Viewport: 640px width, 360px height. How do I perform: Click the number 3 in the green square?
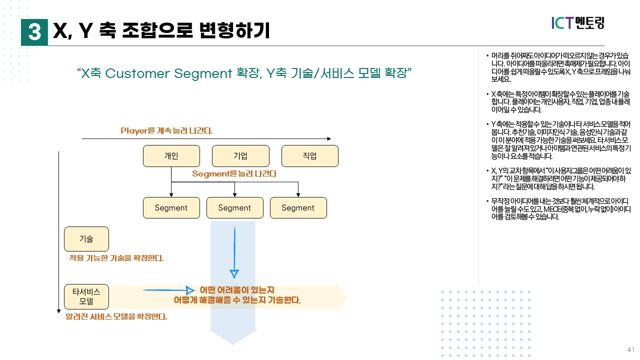(x=34, y=32)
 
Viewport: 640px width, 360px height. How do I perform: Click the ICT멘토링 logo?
(x=577, y=23)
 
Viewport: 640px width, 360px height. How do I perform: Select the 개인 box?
(x=171, y=156)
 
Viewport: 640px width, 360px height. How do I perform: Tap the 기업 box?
(x=240, y=156)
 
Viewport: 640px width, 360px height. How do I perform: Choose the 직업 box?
(x=309, y=156)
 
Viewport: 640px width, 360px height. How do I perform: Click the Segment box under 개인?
(x=171, y=208)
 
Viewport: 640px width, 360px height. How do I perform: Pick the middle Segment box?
(x=234, y=208)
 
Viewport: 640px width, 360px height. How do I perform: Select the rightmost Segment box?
(x=298, y=208)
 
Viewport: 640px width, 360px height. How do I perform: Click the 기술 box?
(x=86, y=239)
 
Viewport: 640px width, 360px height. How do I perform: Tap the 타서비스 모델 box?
(x=86, y=297)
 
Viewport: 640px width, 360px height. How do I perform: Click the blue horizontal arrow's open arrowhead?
(x=189, y=290)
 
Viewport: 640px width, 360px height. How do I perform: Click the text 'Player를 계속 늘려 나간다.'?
(x=166, y=130)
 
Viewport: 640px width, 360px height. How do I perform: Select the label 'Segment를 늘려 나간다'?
(x=234, y=174)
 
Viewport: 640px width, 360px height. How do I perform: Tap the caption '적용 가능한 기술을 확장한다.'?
(x=116, y=258)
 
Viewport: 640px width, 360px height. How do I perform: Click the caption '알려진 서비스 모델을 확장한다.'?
(x=116, y=317)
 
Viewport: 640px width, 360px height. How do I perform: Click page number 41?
(x=630, y=349)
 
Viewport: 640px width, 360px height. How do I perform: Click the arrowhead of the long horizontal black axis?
(x=328, y=138)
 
